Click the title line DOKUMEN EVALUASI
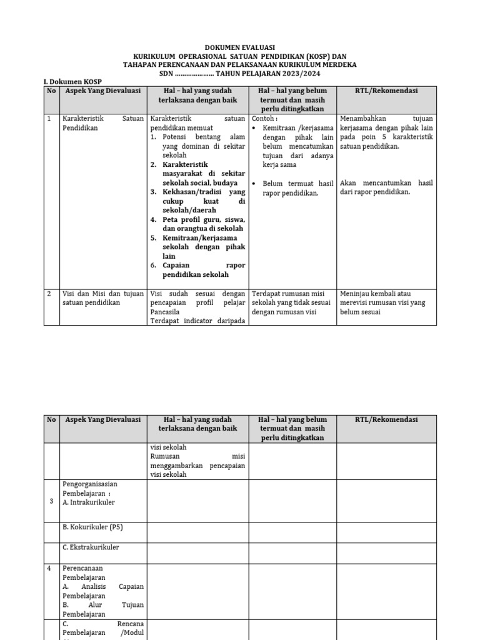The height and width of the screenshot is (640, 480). (240, 47)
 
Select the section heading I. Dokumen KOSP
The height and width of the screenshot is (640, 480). (72, 82)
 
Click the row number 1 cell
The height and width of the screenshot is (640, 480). (49, 118)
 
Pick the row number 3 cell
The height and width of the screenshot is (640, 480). (49, 501)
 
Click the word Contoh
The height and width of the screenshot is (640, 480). (264, 118)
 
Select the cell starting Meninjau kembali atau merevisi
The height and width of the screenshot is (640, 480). (384, 302)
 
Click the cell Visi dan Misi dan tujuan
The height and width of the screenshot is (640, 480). (102, 297)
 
